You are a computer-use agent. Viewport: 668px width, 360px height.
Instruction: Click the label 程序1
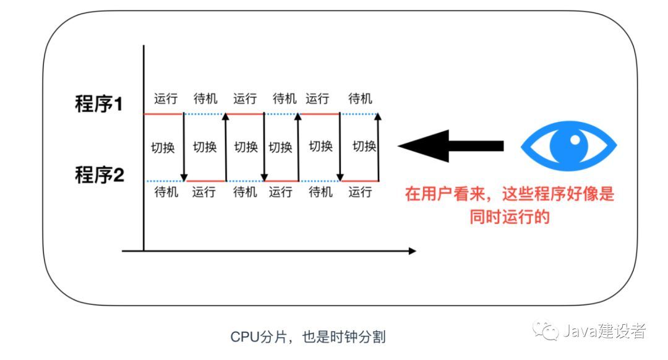coord(99,104)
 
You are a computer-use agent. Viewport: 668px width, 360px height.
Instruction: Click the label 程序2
coord(99,175)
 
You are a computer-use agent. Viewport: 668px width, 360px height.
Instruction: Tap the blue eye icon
coord(568,146)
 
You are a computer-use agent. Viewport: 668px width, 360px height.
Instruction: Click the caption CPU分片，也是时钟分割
coord(308,337)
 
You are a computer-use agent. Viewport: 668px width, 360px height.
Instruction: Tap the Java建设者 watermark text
coord(604,331)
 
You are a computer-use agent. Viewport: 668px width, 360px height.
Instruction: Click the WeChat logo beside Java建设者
coord(547,331)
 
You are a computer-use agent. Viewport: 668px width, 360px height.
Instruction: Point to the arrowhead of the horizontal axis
coord(412,251)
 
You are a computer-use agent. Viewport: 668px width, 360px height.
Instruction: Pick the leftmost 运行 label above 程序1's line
coord(166,99)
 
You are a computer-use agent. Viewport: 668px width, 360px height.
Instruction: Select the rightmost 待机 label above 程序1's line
coord(360,99)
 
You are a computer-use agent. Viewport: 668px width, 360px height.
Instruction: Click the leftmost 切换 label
coord(163,148)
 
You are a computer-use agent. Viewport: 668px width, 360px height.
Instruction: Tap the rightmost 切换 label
coord(364,147)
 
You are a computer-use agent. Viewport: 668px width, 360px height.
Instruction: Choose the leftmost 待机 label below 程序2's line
coord(166,192)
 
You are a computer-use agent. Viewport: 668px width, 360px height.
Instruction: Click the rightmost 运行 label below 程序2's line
coord(360,192)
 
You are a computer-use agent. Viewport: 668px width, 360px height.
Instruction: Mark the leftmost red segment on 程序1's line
coord(163,114)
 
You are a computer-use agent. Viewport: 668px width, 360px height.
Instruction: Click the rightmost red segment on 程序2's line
coord(360,181)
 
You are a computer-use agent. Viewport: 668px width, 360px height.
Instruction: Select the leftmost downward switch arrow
coord(184,147)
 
